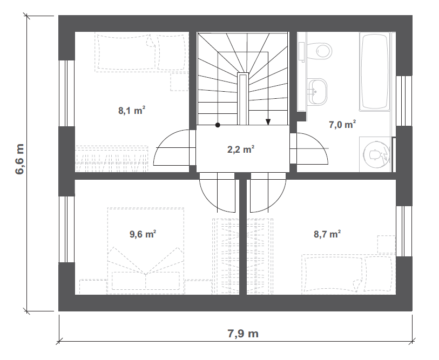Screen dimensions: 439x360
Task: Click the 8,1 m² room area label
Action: click(132, 111)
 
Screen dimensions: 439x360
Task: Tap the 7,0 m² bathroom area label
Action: click(342, 124)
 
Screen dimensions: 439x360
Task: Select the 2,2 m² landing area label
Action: click(241, 149)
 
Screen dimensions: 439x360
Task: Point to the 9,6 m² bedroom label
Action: click(143, 234)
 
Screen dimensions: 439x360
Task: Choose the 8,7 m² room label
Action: click(327, 234)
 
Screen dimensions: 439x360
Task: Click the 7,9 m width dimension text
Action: click(243, 334)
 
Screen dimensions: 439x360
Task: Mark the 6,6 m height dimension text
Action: click(19, 159)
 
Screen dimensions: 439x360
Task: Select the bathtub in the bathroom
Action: click(374, 72)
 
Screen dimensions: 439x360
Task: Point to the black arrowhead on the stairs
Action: click(268, 122)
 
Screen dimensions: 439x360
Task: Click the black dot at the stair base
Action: click(218, 125)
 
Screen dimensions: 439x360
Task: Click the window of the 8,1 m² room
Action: click(66, 93)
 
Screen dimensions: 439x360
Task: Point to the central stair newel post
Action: click(243, 99)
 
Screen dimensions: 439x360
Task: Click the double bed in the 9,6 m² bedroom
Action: click(146, 251)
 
